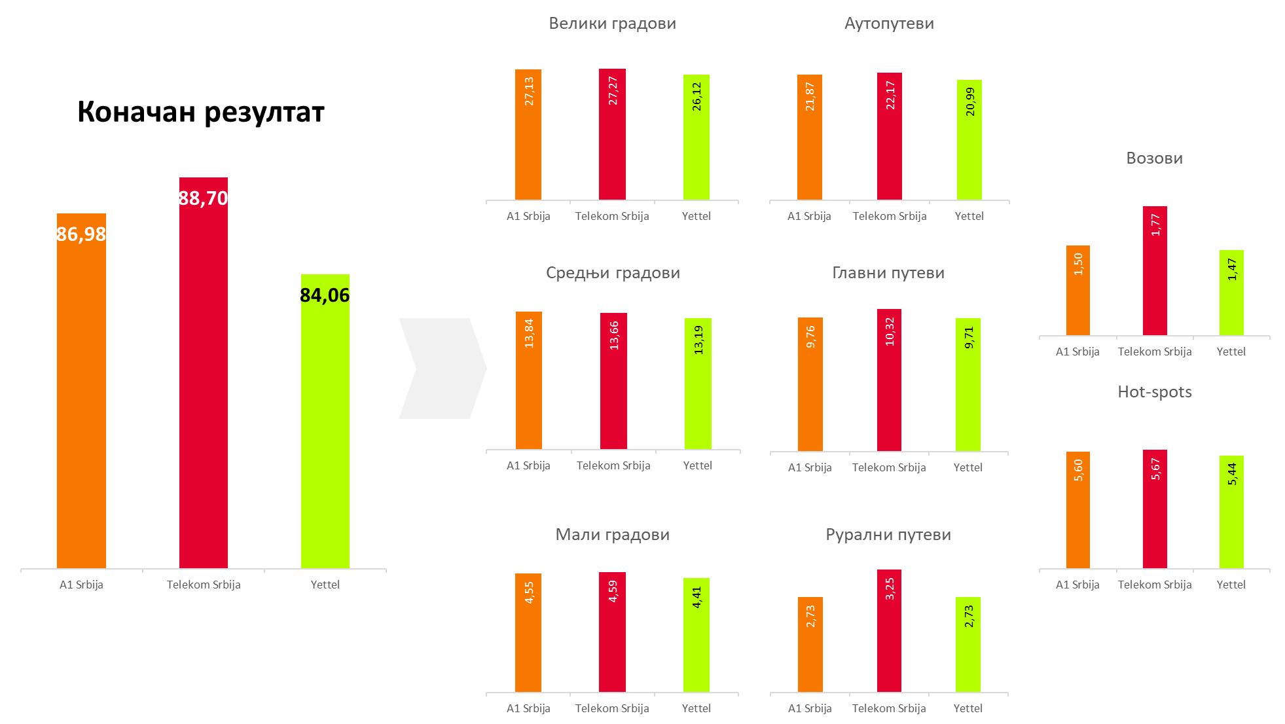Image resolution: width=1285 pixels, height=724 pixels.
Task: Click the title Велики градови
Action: [x=612, y=24]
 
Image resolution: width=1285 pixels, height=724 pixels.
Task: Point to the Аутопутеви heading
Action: [x=889, y=24]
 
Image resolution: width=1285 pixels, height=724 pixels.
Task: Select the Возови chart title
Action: [x=1154, y=158]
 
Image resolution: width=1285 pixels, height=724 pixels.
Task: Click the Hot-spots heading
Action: [x=1154, y=392]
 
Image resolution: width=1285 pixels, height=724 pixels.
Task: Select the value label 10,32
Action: [x=890, y=331]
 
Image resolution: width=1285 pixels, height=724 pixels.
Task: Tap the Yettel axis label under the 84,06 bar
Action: [x=325, y=585]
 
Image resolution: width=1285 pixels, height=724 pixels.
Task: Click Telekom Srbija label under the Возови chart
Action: [x=1155, y=352]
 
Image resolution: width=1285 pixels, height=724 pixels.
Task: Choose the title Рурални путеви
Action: [x=888, y=535]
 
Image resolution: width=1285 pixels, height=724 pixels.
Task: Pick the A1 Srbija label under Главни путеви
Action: [x=810, y=467]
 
